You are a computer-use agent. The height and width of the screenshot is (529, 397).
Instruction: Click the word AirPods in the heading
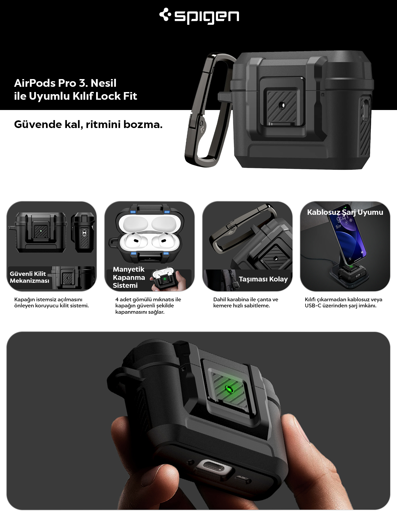(34, 83)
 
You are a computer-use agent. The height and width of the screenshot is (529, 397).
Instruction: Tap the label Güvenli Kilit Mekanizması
(29, 277)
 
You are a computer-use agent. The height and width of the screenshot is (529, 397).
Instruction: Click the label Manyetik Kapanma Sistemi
(129, 277)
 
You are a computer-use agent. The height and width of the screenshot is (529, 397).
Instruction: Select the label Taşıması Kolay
(263, 279)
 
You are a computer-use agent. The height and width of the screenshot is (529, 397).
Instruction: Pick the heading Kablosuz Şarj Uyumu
(345, 212)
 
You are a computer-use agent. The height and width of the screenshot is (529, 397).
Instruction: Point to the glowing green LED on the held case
(228, 389)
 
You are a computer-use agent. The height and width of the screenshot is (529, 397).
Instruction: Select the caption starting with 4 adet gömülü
(148, 305)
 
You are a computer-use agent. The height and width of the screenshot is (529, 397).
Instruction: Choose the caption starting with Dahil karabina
(246, 302)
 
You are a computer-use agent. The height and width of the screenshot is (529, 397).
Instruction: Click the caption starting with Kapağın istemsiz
(51, 302)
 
